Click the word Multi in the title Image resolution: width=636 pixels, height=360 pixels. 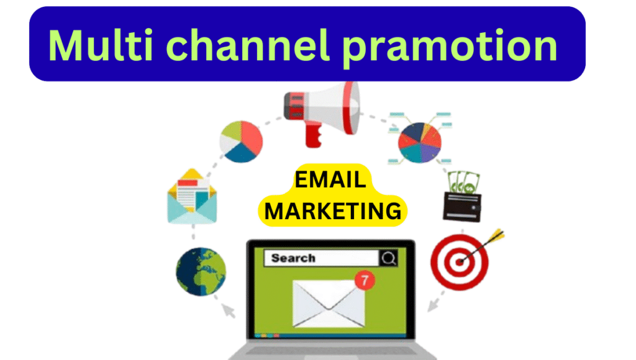101,45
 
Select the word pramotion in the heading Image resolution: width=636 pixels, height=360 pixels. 450,48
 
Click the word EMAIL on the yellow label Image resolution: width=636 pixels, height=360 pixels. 330,179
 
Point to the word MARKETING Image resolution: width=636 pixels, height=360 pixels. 333,211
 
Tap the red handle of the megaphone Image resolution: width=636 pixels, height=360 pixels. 313,135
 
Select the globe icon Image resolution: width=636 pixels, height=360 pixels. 201,271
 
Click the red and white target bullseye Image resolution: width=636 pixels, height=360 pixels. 460,262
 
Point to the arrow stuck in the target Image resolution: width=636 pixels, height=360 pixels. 483,246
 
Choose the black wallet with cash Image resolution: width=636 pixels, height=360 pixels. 462,207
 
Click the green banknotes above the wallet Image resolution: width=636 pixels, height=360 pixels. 463,183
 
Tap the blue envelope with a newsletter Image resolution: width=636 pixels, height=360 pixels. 193,196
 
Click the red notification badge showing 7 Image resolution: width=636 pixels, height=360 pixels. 365,280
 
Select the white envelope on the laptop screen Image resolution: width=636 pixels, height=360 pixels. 329,304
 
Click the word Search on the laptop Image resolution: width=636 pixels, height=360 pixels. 293,258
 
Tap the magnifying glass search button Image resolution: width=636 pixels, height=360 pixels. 389,258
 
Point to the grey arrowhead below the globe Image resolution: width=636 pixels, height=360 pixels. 229,311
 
